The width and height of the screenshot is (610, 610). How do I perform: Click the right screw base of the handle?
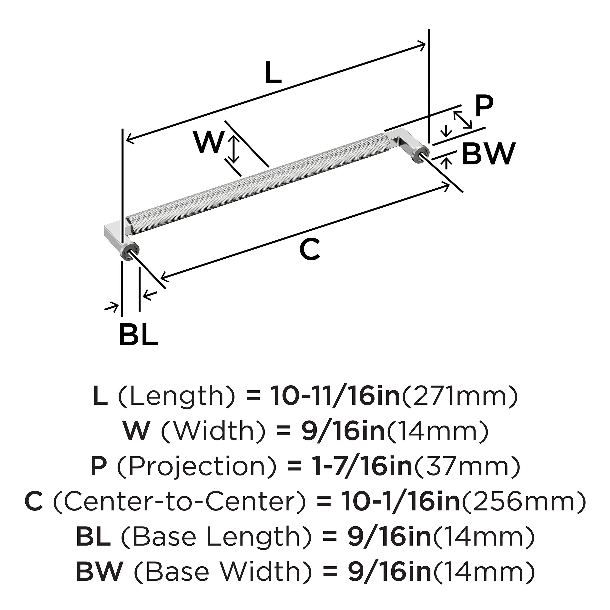[422, 156]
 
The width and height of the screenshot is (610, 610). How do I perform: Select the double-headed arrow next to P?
[463, 120]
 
